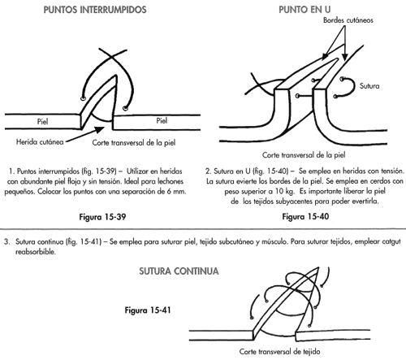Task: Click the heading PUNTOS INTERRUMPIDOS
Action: [x=95, y=10]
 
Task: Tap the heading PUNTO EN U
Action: [x=304, y=10]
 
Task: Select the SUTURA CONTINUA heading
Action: [x=179, y=271]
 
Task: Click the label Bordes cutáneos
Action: [x=348, y=20]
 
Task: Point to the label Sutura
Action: [x=369, y=86]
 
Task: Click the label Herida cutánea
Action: [x=40, y=141]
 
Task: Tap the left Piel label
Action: [x=42, y=121]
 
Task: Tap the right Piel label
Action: [x=162, y=121]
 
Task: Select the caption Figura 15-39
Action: [x=102, y=217]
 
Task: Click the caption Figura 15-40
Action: [x=305, y=216]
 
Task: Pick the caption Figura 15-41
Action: [x=148, y=310]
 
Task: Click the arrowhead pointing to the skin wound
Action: [x=99, y=129]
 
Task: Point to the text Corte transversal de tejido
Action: [x=279, y=352]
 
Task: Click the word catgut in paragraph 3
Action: [x=391, y=241]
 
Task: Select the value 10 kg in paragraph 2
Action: [x=285, y=191]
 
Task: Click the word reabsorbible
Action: [x=36, y=252]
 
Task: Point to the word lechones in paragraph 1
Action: [x=171, y=181]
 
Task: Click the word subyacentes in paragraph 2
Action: [x=293, y=202]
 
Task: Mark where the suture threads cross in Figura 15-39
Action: [x=110, y=56]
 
